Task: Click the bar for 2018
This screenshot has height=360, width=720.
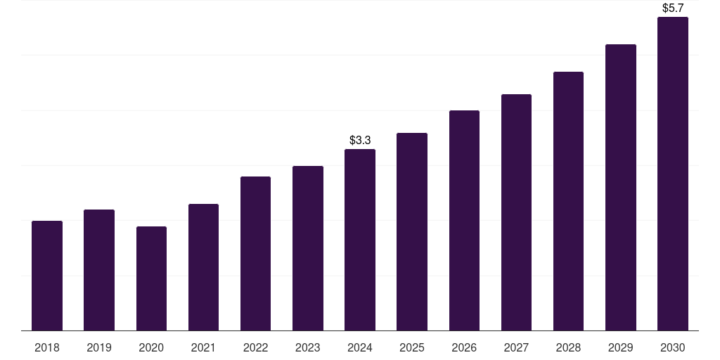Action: click(47, 276)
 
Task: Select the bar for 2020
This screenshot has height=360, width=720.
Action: click(151, 278)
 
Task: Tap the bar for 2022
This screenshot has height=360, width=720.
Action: click(255, 253)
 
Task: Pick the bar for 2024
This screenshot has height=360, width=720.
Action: click(360, 240)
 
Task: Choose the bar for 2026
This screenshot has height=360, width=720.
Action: click(464, 220)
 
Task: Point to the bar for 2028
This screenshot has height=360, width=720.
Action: click(568, 201)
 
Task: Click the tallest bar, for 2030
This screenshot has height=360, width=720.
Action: click(673, 174)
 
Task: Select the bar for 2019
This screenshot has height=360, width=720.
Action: click(99, 270)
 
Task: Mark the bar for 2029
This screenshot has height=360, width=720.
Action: click(621, 187)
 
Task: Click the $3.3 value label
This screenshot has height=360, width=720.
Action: click(360, 141)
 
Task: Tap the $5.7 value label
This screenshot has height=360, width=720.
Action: click(673, 8)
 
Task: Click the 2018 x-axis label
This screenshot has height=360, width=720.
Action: click(47, 347)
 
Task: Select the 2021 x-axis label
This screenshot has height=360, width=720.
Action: click(203, 347)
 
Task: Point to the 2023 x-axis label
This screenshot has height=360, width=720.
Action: click(308, 347)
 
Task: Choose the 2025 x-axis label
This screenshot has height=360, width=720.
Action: click(412, 347)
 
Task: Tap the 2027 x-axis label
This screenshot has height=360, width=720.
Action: click(516, 347)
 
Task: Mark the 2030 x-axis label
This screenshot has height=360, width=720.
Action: click(673, 347)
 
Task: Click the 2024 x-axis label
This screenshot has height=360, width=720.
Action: click(360, 347)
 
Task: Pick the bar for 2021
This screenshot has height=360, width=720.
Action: click(203, 267)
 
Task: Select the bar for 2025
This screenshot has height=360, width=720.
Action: click(412, 231)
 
